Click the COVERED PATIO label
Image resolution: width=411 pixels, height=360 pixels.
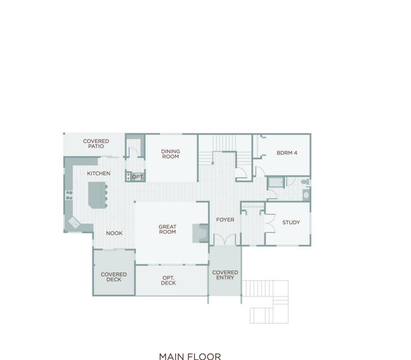coord(96,144)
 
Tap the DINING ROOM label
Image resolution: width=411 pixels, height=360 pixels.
coord(170,154)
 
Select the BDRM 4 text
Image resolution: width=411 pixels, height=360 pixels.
coord(287,153)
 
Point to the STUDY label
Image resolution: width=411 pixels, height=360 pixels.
coord(291,222)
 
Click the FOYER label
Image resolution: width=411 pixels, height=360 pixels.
coord(225,220)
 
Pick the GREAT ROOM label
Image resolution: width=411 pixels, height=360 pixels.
coord(167,229)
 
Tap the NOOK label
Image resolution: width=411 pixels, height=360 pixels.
coord(114,233)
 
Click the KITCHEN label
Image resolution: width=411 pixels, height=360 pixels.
coord(99,174)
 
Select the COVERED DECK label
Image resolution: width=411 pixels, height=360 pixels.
coord(114,277)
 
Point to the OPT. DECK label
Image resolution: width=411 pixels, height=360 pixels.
coord(168,280)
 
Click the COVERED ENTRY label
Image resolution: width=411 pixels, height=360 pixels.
coord(225,275)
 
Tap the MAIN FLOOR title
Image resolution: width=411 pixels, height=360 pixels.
coord(190,356)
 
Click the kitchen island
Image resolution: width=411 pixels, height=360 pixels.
coord(97,195)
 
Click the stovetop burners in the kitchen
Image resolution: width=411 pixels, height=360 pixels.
coord(69,195)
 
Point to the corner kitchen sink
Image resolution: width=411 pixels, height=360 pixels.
coord(74,222)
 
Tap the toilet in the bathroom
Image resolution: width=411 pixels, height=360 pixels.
coord(305,182)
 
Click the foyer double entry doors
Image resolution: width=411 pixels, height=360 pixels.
coord(225,240)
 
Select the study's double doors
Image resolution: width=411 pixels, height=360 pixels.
coord(270,223)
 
